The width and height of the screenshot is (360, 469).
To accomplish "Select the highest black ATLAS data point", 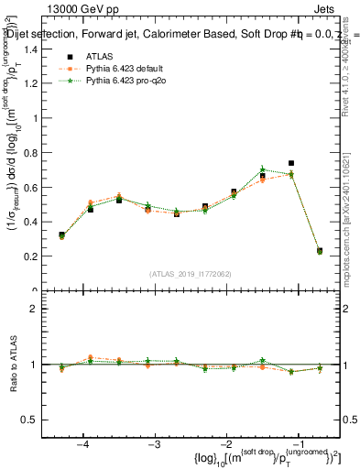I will click(290, 163).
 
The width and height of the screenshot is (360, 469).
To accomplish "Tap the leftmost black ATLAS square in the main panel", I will click(61, 235).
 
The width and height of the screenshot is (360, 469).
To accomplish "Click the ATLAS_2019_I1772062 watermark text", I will click(190, 273).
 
